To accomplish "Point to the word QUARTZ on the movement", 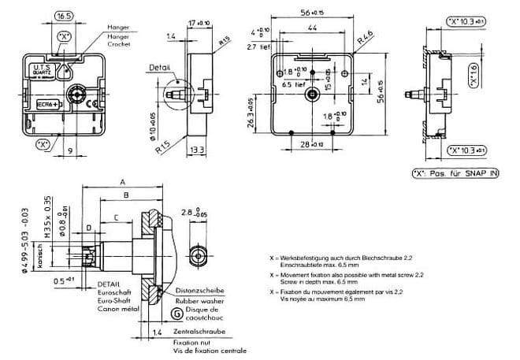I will [x=43, y=76].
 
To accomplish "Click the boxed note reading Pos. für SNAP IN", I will [x=456, y=173].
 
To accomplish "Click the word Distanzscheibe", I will [x=202, y=288].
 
